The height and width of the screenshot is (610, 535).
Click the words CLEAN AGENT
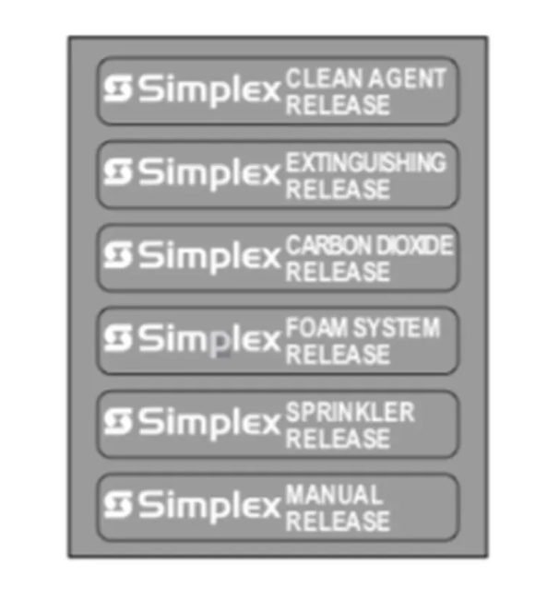point(365,79)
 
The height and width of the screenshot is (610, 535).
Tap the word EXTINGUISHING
point(365,162)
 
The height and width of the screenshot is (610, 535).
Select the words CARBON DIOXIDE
point(369,245)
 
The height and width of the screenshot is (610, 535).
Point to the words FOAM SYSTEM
point(363,327)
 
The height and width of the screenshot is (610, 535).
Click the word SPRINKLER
point(350,412)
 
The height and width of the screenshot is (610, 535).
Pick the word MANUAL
point(334,495)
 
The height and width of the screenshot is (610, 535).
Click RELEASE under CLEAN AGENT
point(338,105)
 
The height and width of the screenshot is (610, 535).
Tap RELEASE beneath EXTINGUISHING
point(338,189)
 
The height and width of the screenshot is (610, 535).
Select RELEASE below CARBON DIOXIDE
point(338,272)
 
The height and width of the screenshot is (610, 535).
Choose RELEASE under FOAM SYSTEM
point(338,355)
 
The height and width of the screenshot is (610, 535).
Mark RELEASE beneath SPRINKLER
point(338,438)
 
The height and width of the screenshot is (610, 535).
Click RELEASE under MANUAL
point(338,521)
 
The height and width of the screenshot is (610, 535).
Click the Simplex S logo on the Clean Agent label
point(117,88)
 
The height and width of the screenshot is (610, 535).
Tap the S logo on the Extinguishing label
point(117,171)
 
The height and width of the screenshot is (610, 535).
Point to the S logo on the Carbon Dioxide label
point(117,255)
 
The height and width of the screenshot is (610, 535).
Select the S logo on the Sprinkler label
point(117,421)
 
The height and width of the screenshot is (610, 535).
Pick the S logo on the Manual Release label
point(117,505)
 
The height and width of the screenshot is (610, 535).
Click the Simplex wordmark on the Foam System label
point(209,340)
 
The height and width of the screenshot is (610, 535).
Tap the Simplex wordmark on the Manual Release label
point(209,507)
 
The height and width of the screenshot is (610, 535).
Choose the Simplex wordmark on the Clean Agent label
point(209,91)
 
